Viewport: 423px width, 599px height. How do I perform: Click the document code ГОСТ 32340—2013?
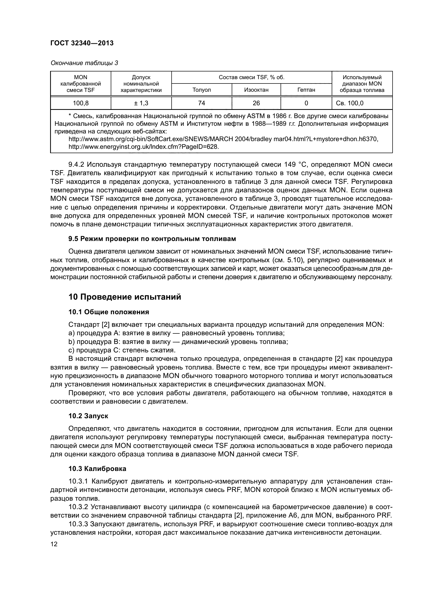tap(82, 43)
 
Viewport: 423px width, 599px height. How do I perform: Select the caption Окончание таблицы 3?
tap(84, 63)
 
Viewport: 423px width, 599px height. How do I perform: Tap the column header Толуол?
tap(201, 90)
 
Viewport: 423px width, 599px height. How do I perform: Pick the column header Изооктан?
tap(256, 90)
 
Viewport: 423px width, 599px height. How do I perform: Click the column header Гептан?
tap(306, 90)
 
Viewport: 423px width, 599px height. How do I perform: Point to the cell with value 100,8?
tap(81, 103)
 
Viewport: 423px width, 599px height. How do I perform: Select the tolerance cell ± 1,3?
tap(141, 103)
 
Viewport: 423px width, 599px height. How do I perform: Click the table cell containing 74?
tap(201, 103)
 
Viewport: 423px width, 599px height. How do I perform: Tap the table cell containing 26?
tap(256, 103)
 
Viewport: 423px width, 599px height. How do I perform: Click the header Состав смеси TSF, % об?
tap(251, 77)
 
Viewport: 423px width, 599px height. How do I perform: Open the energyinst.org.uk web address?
tap(143, 147)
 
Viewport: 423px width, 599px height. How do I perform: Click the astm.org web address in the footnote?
tap(223, 139)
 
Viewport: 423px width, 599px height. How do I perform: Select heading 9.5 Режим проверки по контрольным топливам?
tap(152, 239)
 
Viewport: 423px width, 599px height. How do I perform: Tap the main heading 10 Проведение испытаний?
tap(125, 297)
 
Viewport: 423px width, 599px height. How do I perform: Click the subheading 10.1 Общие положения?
tap(109, 312)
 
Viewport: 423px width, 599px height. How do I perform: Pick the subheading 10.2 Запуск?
tap(88, 416)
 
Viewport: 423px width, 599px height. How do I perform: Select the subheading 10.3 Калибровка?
tap(97, 469)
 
